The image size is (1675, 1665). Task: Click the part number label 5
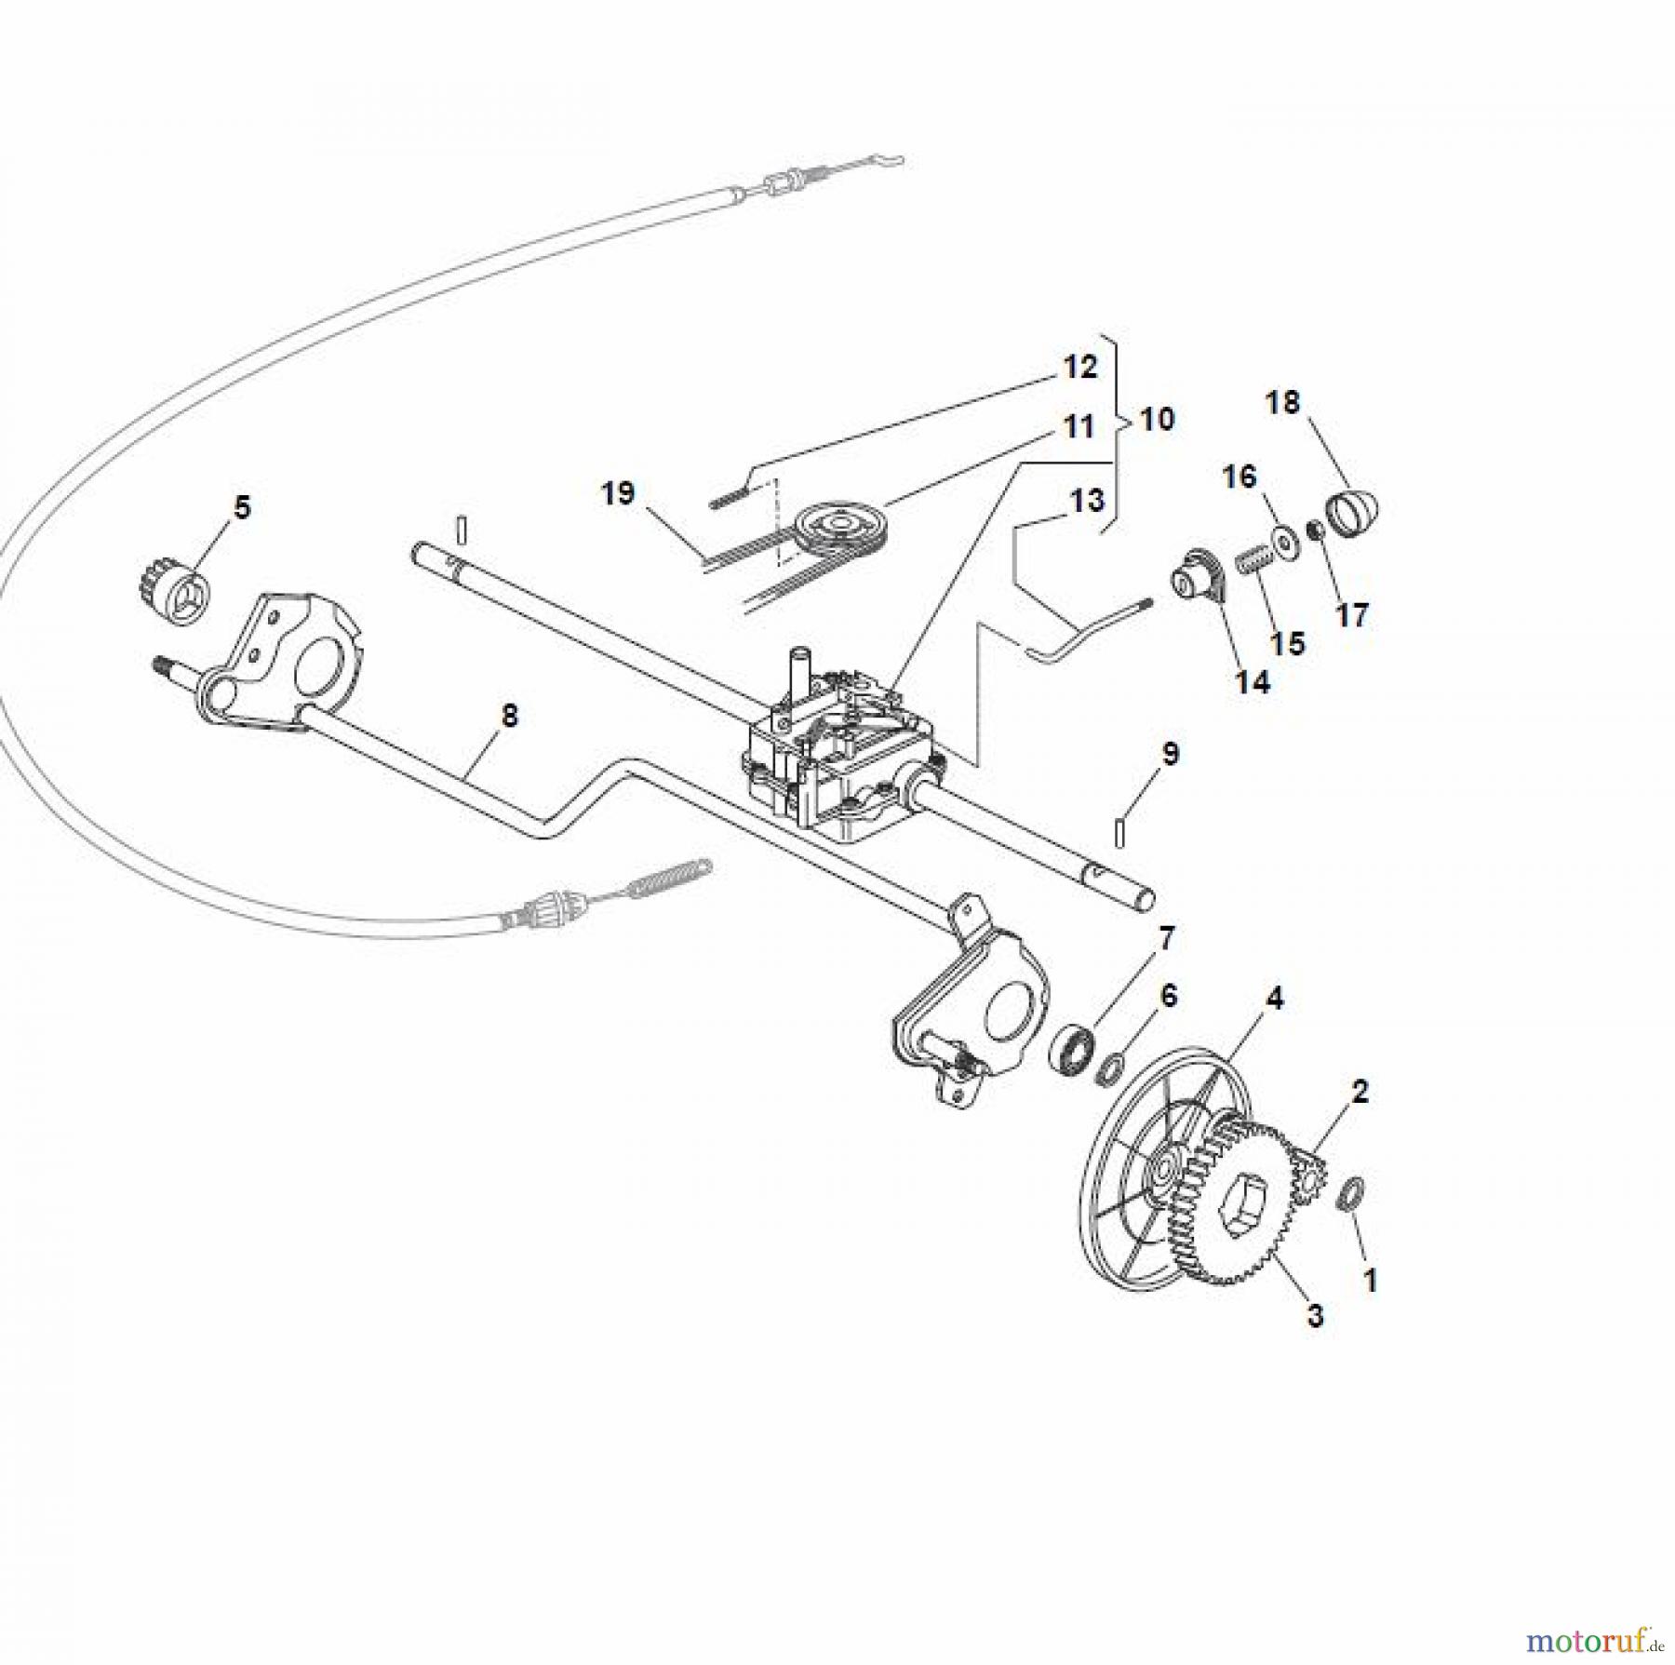point(241,508)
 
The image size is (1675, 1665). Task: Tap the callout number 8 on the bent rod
point(509,717)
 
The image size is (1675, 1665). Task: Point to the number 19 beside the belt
point(617,492)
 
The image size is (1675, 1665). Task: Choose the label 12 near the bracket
point(1079,368)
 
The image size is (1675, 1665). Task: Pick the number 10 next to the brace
point(1157,419)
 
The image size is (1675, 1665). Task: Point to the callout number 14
point(1252,682)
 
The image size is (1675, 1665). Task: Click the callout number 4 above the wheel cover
point(1274,999)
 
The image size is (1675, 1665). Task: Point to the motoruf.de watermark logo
point(1620,1635)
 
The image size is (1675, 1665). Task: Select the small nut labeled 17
point(1315,532)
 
